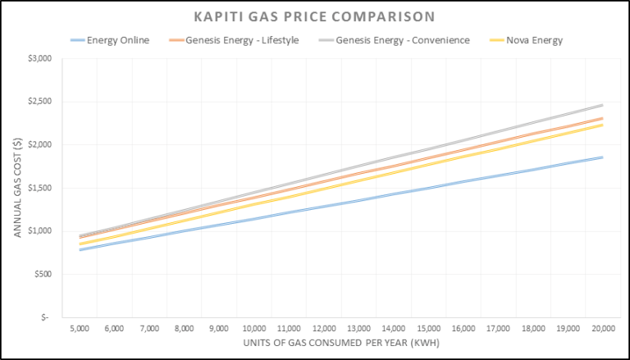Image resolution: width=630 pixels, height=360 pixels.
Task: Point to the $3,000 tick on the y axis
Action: (39, 59)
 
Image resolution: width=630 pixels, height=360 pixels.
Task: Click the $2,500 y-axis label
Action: (39, 102)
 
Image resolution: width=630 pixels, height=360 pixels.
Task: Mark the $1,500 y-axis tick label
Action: (39, 188)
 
